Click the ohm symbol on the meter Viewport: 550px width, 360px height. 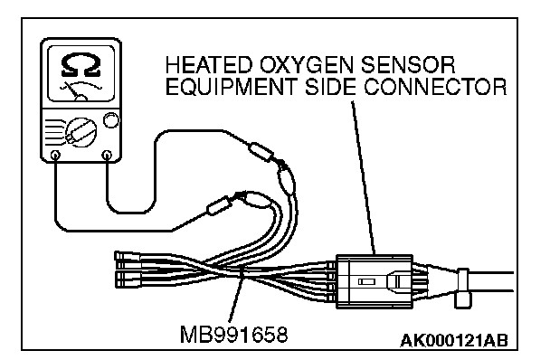(x=81, y=66)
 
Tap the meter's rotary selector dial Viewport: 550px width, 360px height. (x=81, y=132)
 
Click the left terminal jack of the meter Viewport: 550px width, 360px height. (x=55, y=155)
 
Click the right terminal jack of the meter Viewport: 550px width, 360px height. (x=107, y=155)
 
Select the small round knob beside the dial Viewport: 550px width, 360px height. (x=111, y=120)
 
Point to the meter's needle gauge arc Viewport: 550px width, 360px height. (x=81, y=85)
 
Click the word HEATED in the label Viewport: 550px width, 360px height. (x=208, y=65)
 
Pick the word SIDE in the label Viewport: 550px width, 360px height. (x=330, y=87)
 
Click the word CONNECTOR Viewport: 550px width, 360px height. (x=435, y=87)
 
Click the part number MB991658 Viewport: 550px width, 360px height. (x=233, y=334)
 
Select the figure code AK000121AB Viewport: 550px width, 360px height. (x=454, y=340)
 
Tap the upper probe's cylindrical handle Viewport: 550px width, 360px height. (x=261, y=152)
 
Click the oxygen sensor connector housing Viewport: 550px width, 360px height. (x=375, y=281)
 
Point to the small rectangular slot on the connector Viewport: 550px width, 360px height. (x=366, y=281)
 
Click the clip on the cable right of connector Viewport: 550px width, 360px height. (x=462, y=289)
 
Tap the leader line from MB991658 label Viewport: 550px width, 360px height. (x=236, y=294)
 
